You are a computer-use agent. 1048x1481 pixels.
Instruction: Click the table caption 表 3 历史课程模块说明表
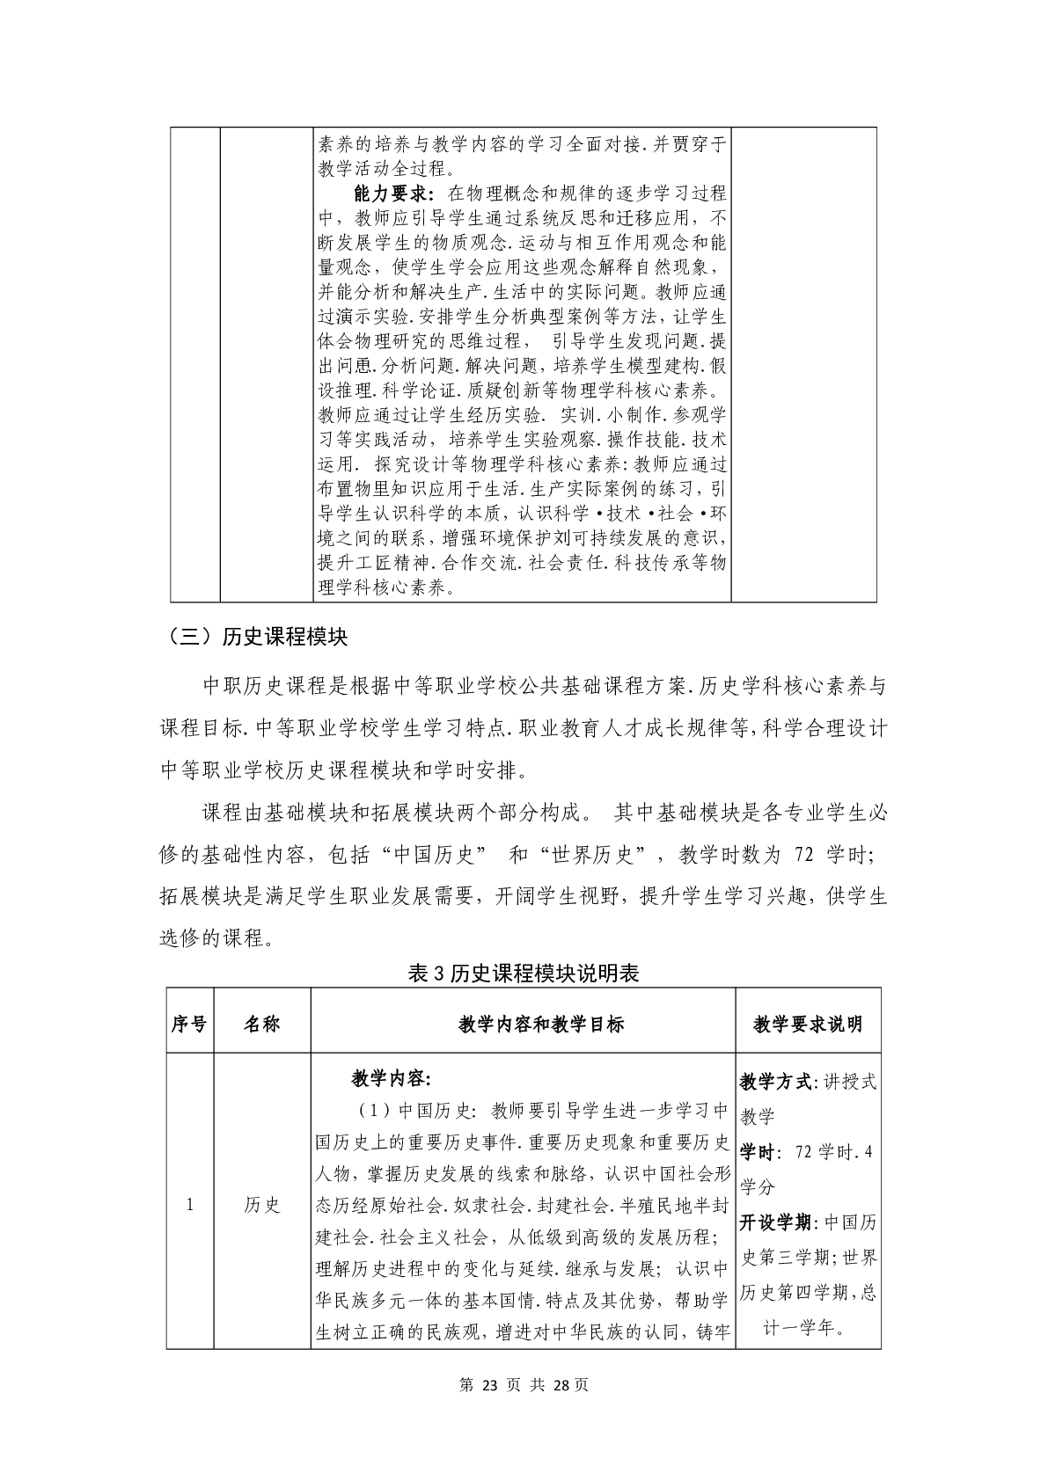point(524,973)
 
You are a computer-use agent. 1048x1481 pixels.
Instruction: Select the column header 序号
point(189,1025)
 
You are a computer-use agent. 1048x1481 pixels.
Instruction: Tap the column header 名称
point(261,1025)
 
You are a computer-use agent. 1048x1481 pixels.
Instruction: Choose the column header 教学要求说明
point(808,1025)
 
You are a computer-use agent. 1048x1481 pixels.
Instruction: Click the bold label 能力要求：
point(393,193)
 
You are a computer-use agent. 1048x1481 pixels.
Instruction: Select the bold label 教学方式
point(775,1082)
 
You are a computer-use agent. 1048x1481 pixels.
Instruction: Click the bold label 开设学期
point(775,1222)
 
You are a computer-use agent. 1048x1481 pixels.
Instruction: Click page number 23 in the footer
point(491,1385)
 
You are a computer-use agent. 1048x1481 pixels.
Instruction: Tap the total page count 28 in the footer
point(563,1385)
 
